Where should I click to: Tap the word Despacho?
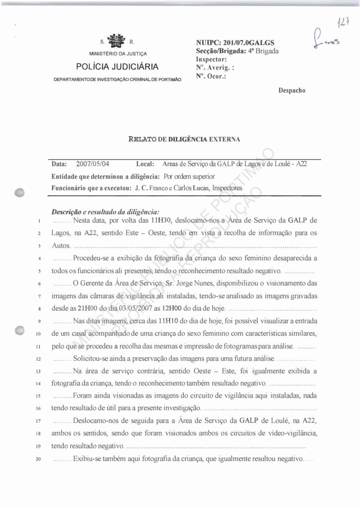click(292, 90)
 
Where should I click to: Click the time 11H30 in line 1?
click(162, 221)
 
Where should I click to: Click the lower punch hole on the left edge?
click(19, 330)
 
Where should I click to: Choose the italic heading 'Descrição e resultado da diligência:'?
click(105, 212)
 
